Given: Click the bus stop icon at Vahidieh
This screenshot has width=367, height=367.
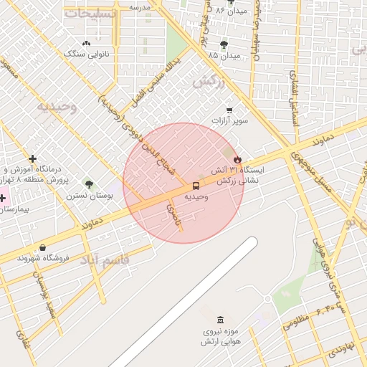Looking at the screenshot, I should pyautogui.click(x=196, y=186).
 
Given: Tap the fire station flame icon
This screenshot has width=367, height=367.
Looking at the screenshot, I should pyautogui.click(x=237, y=159).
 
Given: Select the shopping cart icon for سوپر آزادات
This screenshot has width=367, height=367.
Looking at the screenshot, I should pyautogui.click(x=229, y=110).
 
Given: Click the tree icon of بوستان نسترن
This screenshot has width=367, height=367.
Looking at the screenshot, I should pyautogui.click(x=88, y=184).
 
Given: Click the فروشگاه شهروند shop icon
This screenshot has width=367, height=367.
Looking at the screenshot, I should pyautogui.click(x=42, y=248).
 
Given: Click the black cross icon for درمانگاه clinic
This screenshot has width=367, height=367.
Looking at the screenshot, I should pyautogui.click(x=32, y=158).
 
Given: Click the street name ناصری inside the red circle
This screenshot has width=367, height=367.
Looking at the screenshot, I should pyautogui.click(x=173, y=216).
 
